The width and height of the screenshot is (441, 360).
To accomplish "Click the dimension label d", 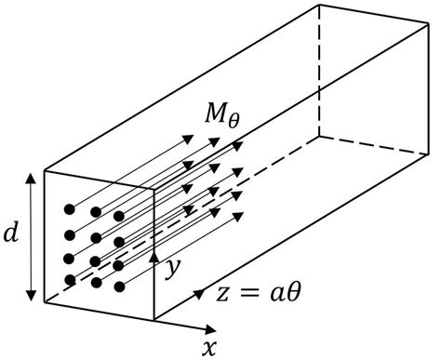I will [x=11, y=234].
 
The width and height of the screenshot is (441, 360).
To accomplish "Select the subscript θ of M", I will [x=231, y=121].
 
